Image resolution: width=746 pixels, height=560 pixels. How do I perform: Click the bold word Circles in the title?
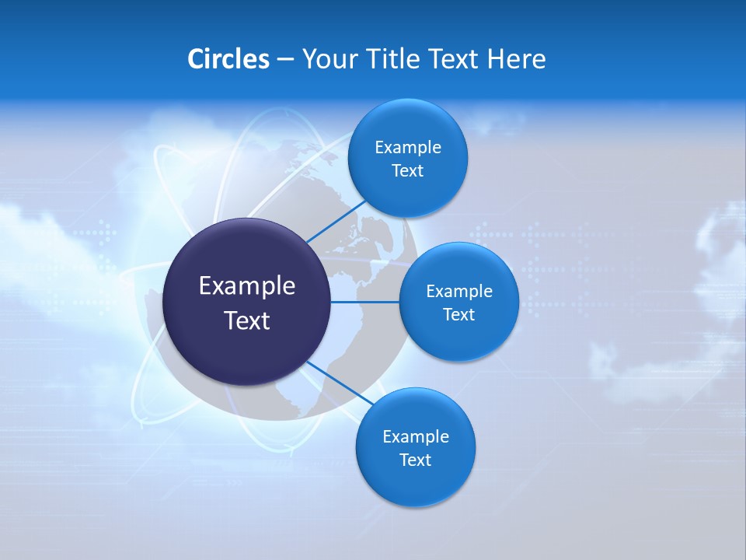[x=228, y=59]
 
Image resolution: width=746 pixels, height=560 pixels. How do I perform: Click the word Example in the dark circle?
[x=246, y=286]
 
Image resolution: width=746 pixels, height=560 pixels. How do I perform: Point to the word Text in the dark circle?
[x=246, y=320]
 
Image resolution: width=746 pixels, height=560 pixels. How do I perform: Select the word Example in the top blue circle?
[x=407, y=148]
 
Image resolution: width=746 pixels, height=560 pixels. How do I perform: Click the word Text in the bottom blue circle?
[x=415, y=460]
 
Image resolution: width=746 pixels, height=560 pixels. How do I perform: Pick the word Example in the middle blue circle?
[x=458, y=292]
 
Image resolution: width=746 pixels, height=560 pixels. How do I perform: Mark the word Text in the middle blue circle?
[x=458, y=315]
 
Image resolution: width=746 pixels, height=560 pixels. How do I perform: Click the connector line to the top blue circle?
[x=336, y=221]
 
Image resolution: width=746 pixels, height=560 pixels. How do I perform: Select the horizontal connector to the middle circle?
[x=365, y=302]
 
